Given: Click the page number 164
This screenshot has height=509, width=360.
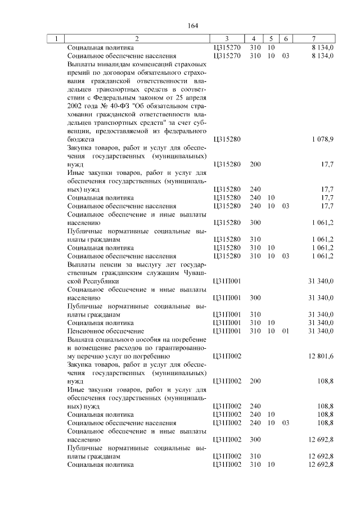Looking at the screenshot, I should [x=193, y=25].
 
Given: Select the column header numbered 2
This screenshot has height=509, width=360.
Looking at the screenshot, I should [x=137, y=39].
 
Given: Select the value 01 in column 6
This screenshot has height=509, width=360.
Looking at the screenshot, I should [x=285, y=331].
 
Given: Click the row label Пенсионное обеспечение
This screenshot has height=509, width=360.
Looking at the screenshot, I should [x=105, y=331].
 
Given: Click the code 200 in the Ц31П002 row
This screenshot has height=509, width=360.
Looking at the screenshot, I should [x=255, y=381].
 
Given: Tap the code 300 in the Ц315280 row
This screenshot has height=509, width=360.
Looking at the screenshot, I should [x=255, y=223].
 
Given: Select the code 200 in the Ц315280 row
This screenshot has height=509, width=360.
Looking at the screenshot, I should [x=255, y=164].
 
